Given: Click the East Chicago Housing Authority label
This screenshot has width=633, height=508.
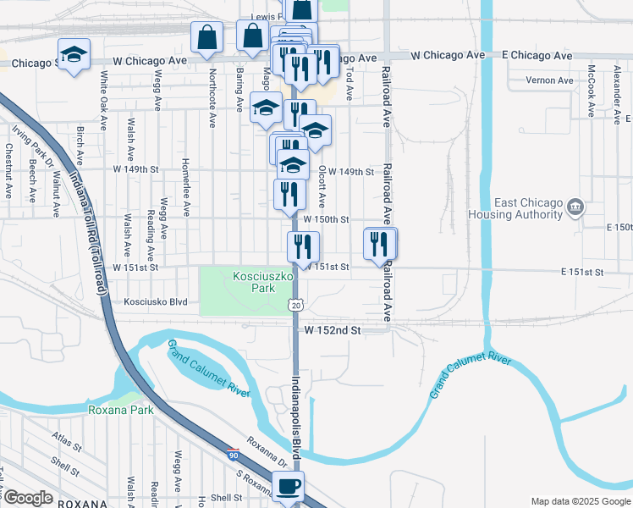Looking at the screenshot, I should pos(528,208).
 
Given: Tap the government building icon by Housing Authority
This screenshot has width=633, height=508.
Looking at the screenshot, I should pos(575,206).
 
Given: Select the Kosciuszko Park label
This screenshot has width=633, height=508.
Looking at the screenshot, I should pos(255,282).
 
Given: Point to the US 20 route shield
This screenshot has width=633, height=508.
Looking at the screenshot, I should pos(294,304).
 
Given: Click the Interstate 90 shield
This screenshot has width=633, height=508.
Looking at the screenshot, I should pos(232,455).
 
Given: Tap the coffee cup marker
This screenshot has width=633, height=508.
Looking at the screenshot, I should pos(288,487).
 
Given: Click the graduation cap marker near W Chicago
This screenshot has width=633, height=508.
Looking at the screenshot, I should pos(74,55).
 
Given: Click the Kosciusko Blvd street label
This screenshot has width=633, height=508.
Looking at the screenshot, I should pos(156,301).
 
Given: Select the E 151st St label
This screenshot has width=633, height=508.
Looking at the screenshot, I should pos(582,272).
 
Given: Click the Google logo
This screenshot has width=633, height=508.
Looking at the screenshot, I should pos(28,498).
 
